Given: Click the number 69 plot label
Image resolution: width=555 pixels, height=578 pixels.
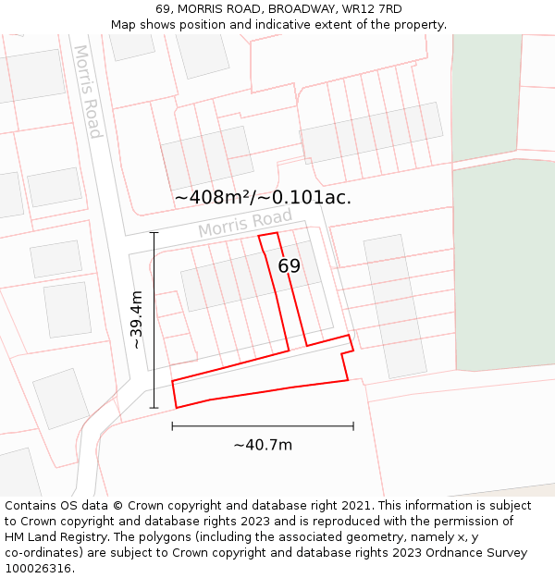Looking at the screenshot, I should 290,266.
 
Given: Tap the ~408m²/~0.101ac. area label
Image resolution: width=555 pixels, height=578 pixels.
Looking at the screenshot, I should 263,197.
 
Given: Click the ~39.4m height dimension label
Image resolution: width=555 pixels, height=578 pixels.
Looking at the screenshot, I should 137,320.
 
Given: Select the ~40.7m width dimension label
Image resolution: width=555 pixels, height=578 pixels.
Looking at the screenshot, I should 263,445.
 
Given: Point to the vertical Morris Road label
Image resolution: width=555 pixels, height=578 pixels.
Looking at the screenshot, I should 87,92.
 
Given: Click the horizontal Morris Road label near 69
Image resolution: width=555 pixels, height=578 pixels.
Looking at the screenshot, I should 245,223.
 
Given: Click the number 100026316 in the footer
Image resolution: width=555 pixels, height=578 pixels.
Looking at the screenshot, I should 40,569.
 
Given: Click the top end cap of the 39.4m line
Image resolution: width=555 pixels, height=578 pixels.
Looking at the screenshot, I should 154,232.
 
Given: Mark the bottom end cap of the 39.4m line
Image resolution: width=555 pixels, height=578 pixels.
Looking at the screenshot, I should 154,408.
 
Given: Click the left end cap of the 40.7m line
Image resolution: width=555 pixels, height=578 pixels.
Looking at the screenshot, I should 172,426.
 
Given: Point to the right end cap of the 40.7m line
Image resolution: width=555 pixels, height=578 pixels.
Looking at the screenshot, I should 353,426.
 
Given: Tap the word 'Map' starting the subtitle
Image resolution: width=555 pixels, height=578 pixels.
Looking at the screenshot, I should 123,25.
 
